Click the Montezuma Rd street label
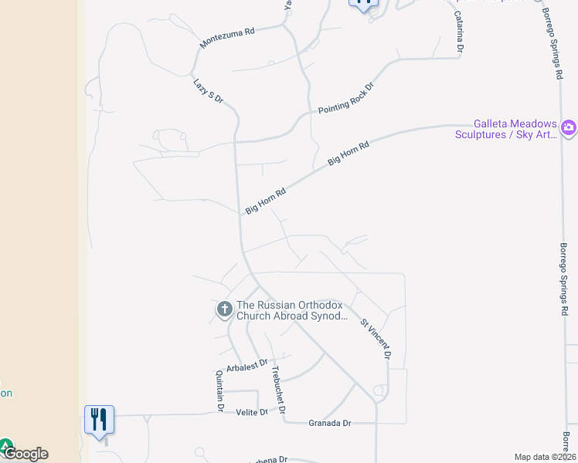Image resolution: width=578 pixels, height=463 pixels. point(227,38)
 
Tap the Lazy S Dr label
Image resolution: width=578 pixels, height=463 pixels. point(208,90)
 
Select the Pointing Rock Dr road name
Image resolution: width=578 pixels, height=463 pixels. point(345,97)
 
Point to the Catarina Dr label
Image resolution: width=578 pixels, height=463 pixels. point(458,31)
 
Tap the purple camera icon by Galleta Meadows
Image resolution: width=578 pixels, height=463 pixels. point(569,127)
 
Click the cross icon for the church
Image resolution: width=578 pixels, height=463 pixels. point(224,310)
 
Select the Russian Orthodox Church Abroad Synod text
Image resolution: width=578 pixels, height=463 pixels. point(292,310)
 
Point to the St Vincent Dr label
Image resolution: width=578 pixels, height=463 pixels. point(376,340)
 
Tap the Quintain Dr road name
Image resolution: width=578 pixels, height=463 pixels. point(219,390)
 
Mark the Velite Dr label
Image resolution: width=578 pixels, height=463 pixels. point(252,412)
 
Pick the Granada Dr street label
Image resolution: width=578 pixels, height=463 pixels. point(330,423)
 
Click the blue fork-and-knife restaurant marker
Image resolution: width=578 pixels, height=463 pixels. point(99,420)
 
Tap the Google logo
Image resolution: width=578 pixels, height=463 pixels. point(25,454)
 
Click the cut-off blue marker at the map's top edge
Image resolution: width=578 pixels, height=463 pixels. point(365,3)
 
